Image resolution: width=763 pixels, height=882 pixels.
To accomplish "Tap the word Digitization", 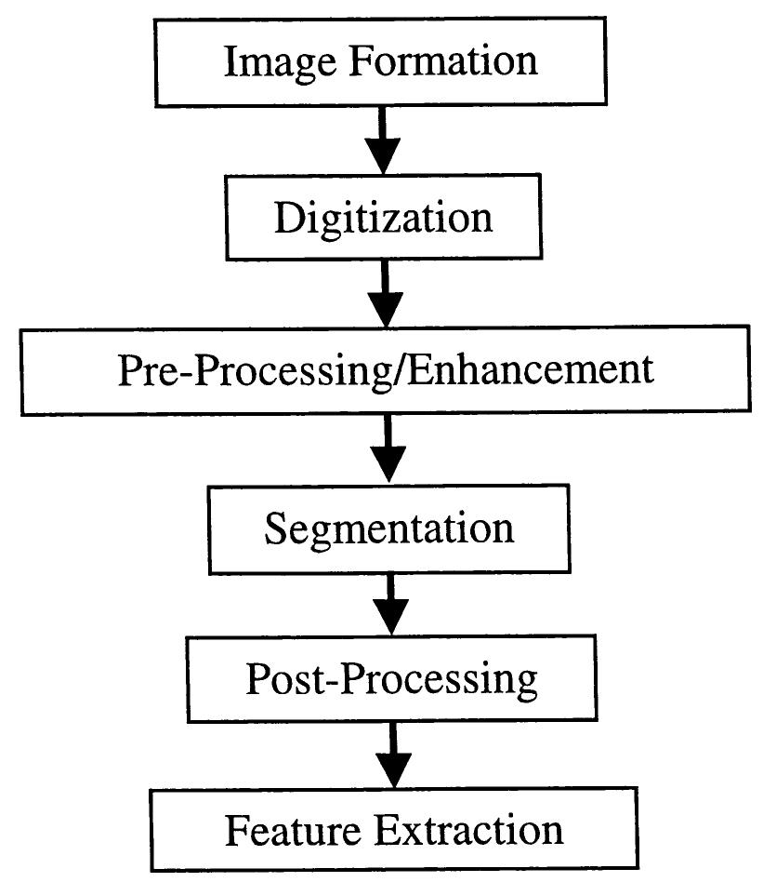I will click(x=383, y=218).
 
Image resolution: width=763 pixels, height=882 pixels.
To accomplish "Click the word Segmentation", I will click(x=388, y=528).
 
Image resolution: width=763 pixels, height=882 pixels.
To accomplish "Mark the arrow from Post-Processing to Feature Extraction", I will click(x=391, y=755).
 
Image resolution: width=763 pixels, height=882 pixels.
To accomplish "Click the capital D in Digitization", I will click(x=288, y=218).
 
